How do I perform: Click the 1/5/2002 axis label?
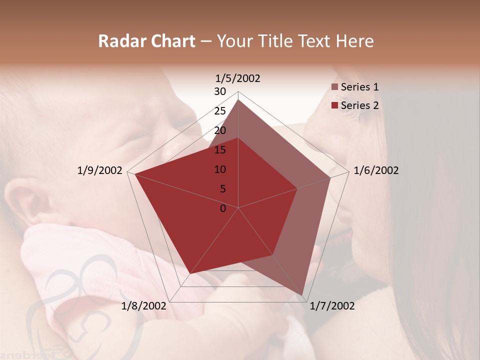[238, 78]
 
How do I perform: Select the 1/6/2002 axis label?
[376, 170]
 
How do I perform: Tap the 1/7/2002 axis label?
[332, 306]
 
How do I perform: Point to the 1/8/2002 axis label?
[144, 306]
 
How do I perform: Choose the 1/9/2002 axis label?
[100, 170]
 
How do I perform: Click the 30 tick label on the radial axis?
[220, 91]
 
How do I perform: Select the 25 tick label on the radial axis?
[220, 111]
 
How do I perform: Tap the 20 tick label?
[220, 130]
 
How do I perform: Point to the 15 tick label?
[220, 150]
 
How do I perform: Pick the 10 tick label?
[220, 169]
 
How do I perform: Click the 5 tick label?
[223, 189]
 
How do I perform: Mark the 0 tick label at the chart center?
[223, 208]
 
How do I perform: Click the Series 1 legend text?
[359, 87]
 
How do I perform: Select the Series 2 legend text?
[359, 105]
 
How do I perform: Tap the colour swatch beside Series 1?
[335, 87]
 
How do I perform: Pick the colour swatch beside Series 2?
[335, 105]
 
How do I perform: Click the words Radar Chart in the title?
[146, 41]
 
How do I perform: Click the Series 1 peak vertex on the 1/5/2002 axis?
[238, 99]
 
